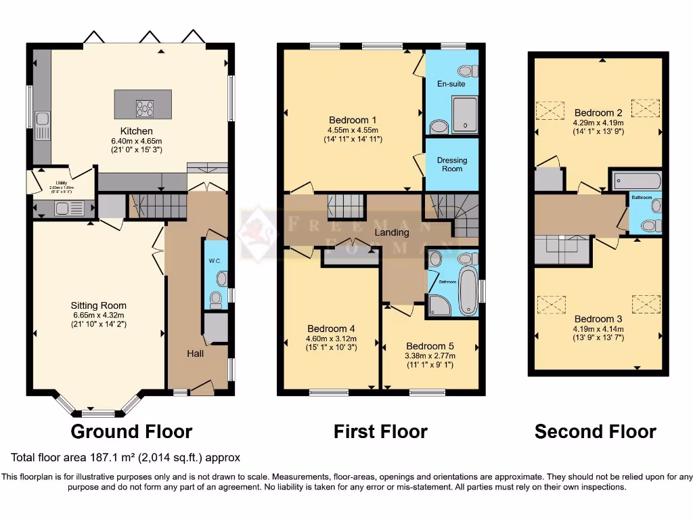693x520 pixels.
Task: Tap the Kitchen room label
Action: [x=136, y=131]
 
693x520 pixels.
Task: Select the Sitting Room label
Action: [x=99, y=305]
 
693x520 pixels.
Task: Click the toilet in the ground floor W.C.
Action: [x=217, y=297]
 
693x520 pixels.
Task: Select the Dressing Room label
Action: [x=452, y=165]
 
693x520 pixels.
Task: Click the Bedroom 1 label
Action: [x=352, y=120]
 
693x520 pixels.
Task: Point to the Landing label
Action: [x=393, y=232]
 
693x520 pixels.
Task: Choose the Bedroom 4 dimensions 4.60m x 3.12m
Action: [x=332, y=339]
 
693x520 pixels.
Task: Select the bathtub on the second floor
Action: [x=636, y=181]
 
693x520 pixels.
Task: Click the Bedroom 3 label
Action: [x=598, y=319]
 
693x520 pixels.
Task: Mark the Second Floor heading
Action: [x=595, y=431]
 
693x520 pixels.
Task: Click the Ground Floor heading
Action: [x=131, y=431]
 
